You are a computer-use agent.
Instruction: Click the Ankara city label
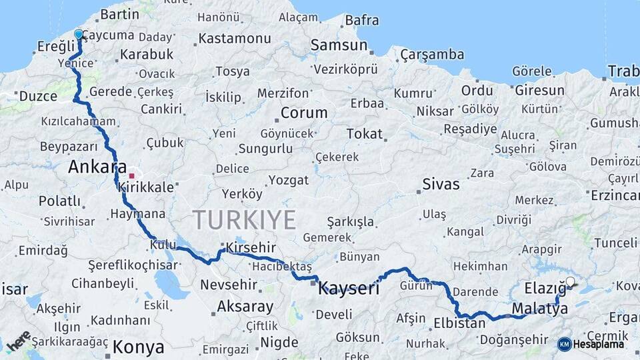(x=97, y=167)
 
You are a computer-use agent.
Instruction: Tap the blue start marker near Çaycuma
(x=79, y=35)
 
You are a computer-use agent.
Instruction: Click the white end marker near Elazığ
(x=570, y=282)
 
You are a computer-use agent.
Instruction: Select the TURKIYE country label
(x=244, y=219)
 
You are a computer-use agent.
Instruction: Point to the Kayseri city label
(x=349, y=289)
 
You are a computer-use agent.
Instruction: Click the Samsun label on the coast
(x=339, y=45)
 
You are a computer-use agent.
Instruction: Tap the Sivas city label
(x=441, y=184)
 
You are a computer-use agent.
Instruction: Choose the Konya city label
(x=138, y=347)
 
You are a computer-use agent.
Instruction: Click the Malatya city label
(x=540, y=309)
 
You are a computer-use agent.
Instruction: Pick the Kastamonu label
(x=235, y=38)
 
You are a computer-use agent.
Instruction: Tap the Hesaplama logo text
(x=599, y=344)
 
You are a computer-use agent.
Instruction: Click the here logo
(x=18, y=340)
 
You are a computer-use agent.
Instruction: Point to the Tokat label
(x=364, y=133)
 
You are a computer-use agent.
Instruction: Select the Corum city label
(x=304, y=112)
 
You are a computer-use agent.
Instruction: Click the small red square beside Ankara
(x=132, y=176)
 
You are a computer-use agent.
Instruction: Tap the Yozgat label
(x=289, y=180)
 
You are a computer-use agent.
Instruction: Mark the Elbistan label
(x=459, y=323)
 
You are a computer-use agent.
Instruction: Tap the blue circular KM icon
(x=564, y=344)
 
